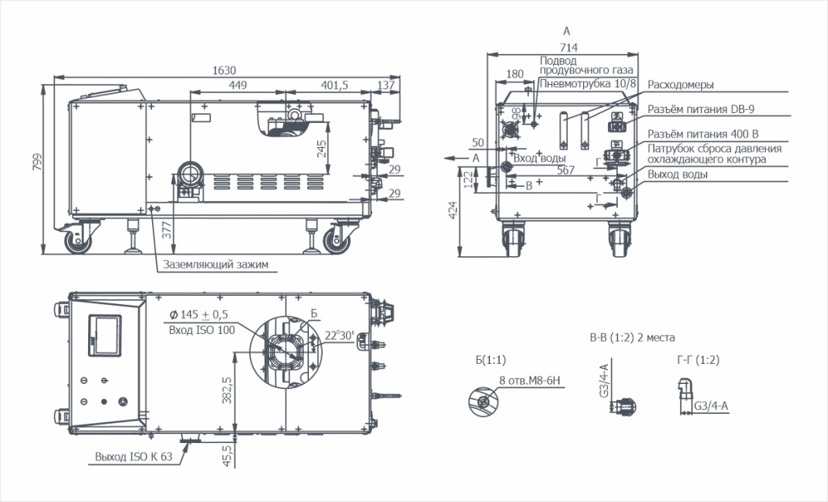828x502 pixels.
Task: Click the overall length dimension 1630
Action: pos(224,70)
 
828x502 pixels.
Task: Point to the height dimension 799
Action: pos(37,162)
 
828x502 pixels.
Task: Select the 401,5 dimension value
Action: pos(334,85)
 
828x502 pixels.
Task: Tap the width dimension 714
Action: pos(568,48)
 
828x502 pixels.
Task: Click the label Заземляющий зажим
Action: pos(215,264)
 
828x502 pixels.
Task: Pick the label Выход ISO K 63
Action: pos(133,457)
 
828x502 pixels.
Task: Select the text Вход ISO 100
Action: pos(201,330)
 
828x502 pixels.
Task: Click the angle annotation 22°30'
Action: pos(339,335)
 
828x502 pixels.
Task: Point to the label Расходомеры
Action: pos(681,84)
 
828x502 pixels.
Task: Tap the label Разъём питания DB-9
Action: pos(701,109)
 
